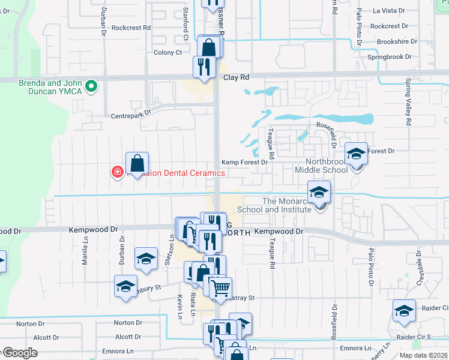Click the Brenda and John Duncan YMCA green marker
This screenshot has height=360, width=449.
91,87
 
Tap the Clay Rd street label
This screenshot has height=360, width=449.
236,77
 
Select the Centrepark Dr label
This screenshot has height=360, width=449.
130,112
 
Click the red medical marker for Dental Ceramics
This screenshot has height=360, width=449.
118,172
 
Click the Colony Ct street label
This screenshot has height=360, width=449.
169,52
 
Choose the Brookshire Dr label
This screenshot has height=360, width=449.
396,41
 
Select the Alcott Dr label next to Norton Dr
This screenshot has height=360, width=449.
46,338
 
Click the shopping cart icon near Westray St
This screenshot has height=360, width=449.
220,290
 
